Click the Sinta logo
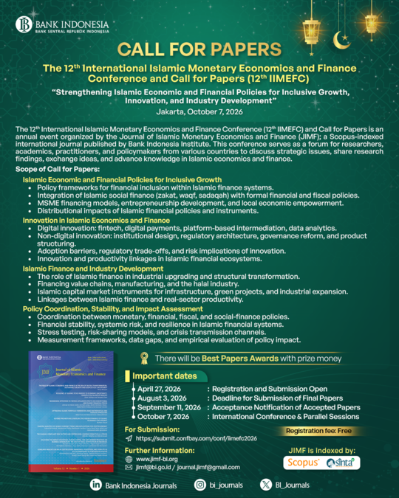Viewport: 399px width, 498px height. pyautogui.click(x=344, y=461)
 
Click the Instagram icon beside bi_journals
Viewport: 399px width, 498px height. pyautogui.click(x=200, y=484)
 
